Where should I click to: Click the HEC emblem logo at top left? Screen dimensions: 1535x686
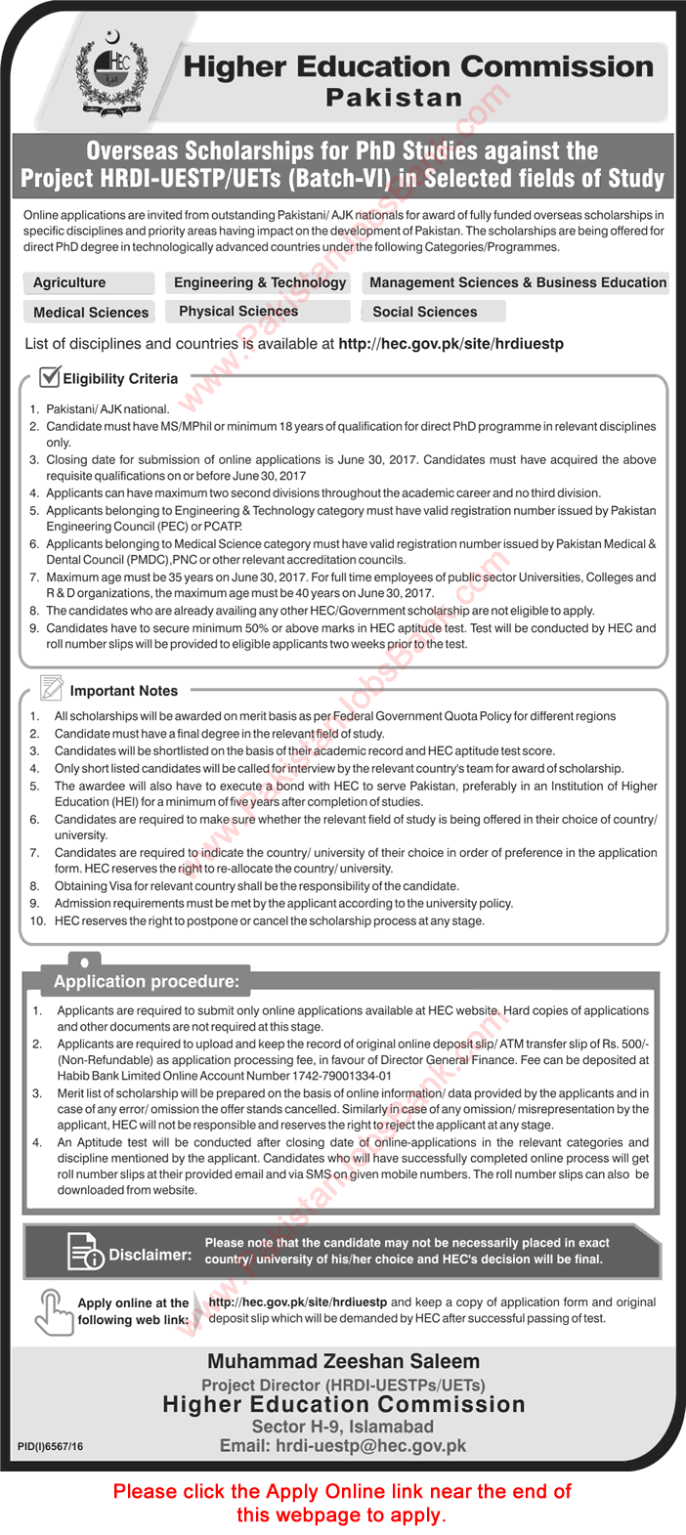(115, 73)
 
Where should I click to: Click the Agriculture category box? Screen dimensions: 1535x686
(88, 282)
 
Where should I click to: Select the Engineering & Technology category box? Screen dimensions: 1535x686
(259, 282)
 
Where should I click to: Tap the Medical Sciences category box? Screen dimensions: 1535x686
(90, 312)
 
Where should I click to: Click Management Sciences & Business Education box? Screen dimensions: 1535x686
(517, 282)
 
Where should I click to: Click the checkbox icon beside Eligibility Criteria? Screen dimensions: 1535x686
(49, 376)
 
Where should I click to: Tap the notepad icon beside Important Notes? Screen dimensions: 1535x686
(51, 688)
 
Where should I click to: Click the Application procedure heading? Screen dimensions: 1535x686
(146, 981)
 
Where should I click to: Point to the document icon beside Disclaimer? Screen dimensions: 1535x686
(84, 1252)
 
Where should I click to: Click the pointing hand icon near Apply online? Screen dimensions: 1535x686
(51, 1310)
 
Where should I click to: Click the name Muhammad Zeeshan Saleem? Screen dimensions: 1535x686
(343, 1361)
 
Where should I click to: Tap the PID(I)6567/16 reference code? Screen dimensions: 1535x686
(51, 1446)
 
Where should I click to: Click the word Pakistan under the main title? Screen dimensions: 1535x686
(394, 98)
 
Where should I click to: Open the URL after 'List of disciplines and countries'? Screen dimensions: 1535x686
(450, 344)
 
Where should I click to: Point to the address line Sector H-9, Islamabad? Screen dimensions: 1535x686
(343, 1426)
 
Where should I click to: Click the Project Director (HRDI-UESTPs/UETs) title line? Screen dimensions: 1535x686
(343, 1385)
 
